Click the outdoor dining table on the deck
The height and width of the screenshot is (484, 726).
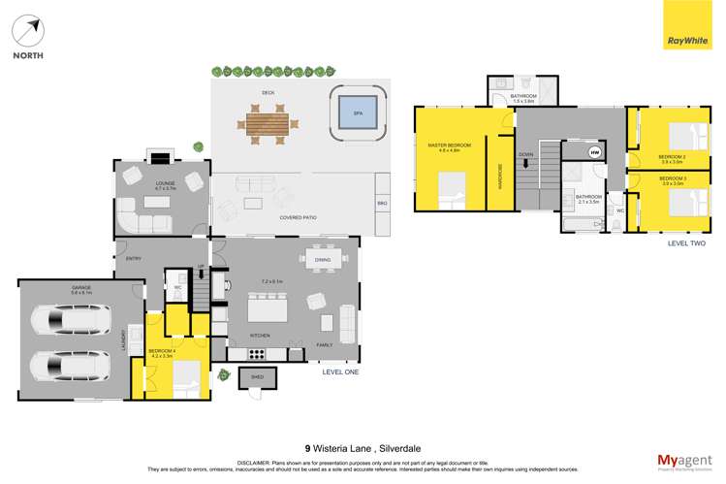tap(268, 124)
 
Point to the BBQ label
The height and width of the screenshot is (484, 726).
tap(381, 203)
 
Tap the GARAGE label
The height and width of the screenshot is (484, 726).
tap(73, 288)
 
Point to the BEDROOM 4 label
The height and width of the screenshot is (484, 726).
tap(161, 351)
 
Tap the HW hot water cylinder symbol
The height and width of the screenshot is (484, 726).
tap(594, 151)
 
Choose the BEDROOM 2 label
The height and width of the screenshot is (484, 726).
tap(672, 156)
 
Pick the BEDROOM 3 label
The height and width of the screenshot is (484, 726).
tap(672, 178)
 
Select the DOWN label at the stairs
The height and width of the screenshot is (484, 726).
tap(525, 154)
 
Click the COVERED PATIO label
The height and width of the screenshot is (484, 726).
tap(299, 217)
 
